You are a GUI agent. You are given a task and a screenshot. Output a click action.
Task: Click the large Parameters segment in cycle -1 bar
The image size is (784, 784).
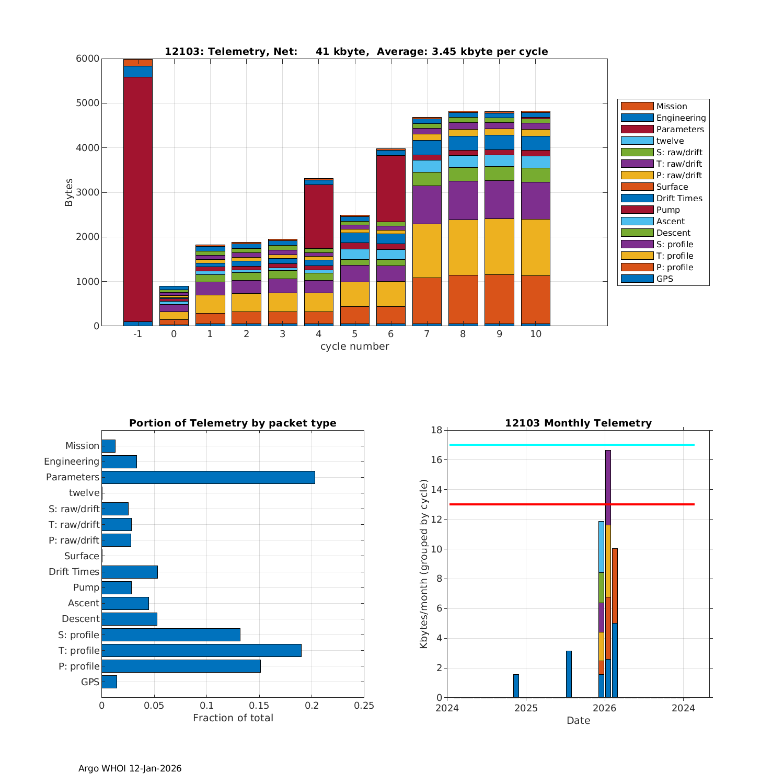click(137, 199)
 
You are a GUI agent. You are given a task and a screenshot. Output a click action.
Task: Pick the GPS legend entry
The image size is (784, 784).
click(664, 279)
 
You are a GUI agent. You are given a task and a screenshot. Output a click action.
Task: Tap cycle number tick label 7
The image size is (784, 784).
click(426, 333)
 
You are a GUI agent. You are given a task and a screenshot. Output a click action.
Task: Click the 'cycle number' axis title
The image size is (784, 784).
click(354, 346)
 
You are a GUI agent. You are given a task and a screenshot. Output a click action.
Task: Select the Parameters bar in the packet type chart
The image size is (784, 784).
click(208, 477)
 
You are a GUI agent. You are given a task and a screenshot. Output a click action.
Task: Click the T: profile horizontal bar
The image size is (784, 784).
click(201, 650)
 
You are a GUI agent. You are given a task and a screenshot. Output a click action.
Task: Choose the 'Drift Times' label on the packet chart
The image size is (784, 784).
click(74, 571)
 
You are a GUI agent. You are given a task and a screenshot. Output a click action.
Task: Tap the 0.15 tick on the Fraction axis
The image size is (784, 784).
click(259, 706)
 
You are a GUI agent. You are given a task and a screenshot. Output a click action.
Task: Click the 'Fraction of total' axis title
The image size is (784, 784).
click(233, 718)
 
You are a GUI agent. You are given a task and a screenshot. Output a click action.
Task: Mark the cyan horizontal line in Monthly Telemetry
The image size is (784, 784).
click(523, 445)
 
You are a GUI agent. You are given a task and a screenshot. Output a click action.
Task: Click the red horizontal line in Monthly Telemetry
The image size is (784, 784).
click(523, 504)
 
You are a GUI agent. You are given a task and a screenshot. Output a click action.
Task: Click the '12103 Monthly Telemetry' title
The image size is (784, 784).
click(578, 423)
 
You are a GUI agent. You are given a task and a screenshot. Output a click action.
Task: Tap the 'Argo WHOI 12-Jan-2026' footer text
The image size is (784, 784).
click(130, 768)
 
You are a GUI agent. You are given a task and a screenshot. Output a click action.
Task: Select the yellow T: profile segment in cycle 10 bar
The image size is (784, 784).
click(535, 247)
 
